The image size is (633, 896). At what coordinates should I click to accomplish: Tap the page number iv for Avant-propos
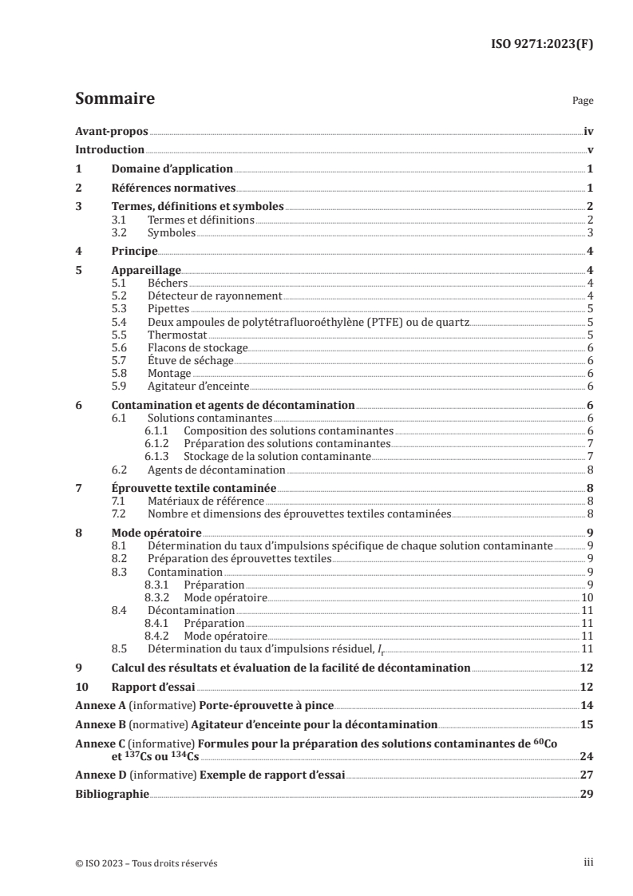588,133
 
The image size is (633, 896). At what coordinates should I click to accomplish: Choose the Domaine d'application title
172,169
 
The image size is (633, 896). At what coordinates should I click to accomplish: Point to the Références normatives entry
173,188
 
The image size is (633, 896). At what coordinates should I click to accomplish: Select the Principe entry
133,252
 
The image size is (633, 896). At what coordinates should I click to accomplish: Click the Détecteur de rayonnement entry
215,295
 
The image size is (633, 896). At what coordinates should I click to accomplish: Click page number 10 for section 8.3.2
587,597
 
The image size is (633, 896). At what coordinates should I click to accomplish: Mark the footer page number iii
588,863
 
